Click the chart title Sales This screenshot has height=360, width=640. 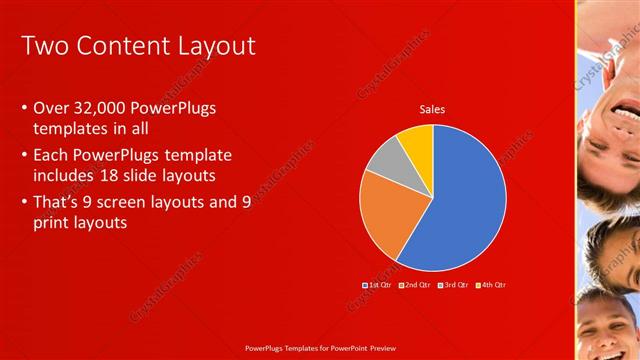pyautogui.click(x=432, y=110)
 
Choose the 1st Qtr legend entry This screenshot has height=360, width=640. pyautogui.click(x=377, y=285)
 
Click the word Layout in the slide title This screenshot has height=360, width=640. pyautogui.click(x=211, y=46)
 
